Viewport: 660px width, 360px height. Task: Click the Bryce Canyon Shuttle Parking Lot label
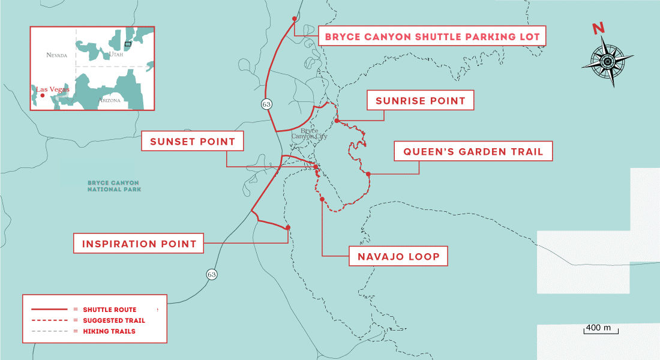431,37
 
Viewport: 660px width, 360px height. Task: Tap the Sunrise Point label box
420,101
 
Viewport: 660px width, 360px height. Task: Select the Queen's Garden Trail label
473,152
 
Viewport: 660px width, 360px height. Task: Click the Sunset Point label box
193,142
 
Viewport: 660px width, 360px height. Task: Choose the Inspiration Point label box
139,244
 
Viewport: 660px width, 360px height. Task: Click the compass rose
607,61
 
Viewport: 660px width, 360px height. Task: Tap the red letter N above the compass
598,29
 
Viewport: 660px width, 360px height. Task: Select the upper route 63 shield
266,104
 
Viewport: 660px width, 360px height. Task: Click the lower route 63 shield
211,274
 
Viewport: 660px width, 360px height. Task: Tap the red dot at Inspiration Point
288,227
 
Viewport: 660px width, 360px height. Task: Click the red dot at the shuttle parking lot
294,19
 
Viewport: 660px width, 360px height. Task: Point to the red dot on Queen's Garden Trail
368,175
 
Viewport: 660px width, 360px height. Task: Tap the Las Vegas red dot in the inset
43,95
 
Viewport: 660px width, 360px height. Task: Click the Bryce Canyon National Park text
113,185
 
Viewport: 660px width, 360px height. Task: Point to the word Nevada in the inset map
57,55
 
